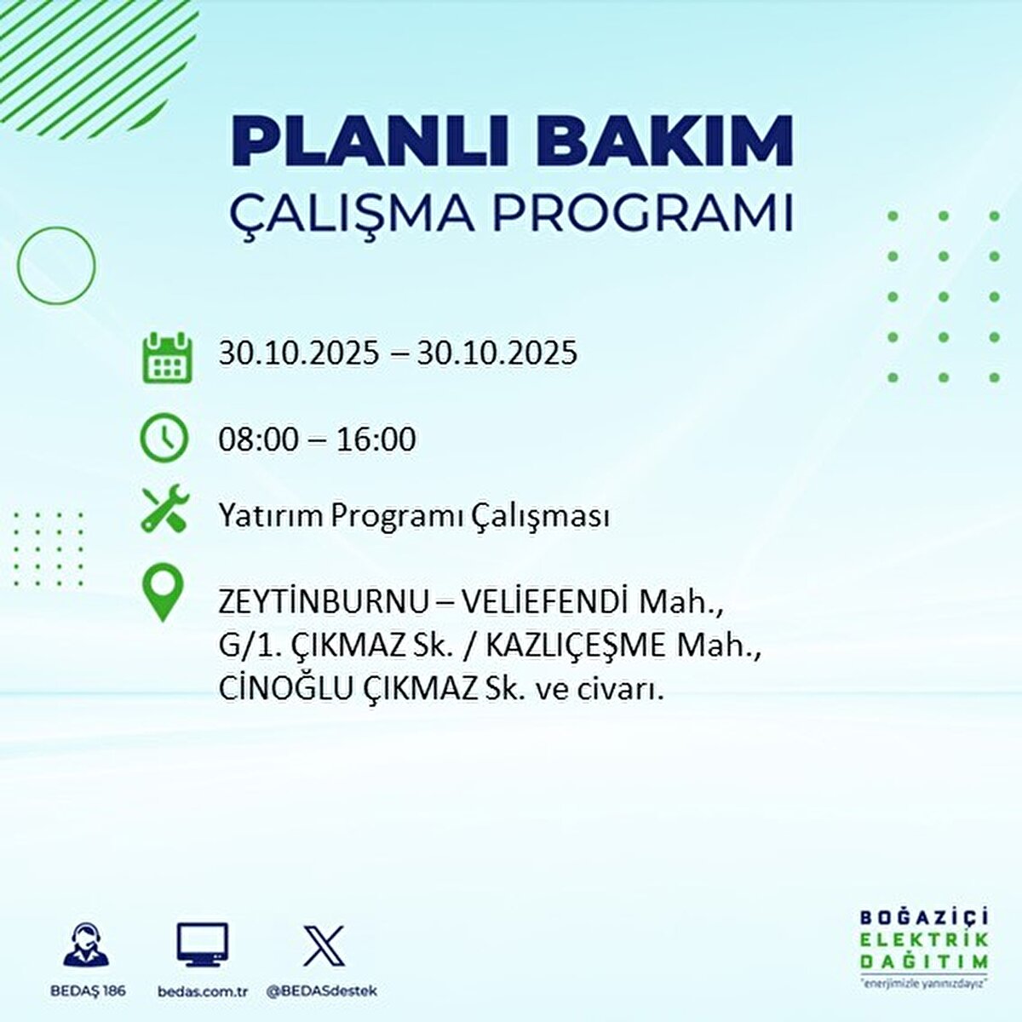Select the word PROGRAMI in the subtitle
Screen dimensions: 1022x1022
pos(643,214)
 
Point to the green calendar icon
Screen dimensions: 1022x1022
pos(166,356)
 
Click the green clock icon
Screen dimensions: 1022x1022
pos(164,438)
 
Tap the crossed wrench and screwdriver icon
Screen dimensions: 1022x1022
pos(165,508)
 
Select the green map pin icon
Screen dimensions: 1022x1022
pos(164,594)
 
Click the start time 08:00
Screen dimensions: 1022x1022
pos(258,439)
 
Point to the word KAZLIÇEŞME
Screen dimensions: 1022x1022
pos(576,646)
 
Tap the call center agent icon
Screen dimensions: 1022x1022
pos(86,945)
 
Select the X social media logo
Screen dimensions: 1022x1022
pos(324,945)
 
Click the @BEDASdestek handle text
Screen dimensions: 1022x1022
pos(322,991)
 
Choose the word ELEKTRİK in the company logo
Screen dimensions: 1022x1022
pos(924,939)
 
